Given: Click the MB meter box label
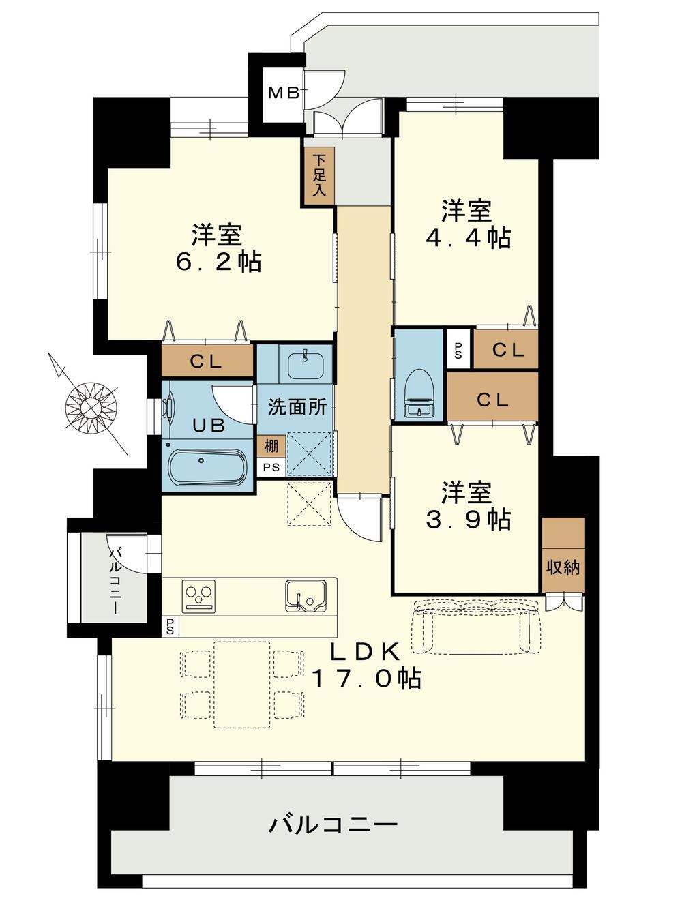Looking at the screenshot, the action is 284,93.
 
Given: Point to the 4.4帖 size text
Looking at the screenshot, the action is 469,238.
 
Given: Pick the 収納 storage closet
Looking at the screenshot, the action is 563,554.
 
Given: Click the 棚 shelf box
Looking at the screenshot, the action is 271,447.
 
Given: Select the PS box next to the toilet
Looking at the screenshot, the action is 458,348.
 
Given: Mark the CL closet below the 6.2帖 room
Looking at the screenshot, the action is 207,361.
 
